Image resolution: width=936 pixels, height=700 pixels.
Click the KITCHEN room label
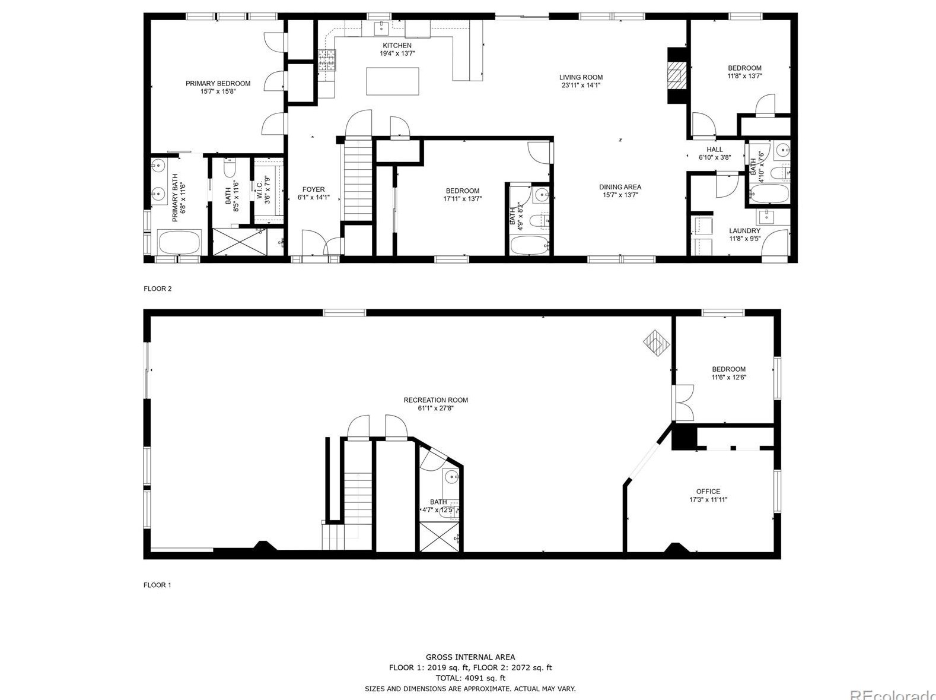click(x=397, y=45)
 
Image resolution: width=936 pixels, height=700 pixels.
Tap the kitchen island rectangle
click(x=392, y=81)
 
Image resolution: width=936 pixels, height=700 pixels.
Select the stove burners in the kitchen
click(x=327, y=60)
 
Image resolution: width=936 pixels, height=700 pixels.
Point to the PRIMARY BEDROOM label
click(x=218, y=83)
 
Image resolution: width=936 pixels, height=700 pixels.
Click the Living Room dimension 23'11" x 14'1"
click(x=581, y=85)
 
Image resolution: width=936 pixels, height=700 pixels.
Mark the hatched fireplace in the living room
click(x=677, y=75)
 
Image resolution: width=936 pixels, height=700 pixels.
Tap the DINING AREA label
click(x=620, y=187)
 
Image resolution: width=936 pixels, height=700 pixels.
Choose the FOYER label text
click(x=313, y=189)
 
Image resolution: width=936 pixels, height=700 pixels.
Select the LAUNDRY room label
click(x=744, y=231)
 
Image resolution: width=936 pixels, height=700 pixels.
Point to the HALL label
click(x=715, y=150)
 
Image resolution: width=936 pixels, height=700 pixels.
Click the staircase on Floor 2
click(x=358, y=180)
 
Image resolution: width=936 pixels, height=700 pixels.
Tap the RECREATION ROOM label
click(x=436, y=400)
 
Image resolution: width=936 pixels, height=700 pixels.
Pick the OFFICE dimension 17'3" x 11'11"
click(x=708, y=499)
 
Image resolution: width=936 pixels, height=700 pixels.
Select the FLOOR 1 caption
click(x=157, y=585)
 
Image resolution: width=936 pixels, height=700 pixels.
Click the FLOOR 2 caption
click(x=157, y=289)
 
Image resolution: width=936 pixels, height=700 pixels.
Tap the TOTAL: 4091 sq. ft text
click(x=470, y=678)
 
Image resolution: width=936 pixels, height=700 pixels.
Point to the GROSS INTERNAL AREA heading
click(x=470, y=657)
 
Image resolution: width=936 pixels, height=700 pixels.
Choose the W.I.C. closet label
click(x=259, y=190)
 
